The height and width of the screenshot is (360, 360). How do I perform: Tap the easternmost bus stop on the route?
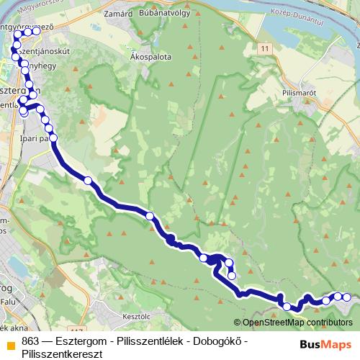point(346,297)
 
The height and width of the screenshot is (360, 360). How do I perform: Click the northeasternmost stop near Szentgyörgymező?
point(36,31)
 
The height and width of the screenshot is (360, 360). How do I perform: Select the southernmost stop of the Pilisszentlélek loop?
point(231,275)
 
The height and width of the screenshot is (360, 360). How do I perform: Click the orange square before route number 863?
point(10,343)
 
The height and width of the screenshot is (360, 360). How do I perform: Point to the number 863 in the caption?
point(30,341)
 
